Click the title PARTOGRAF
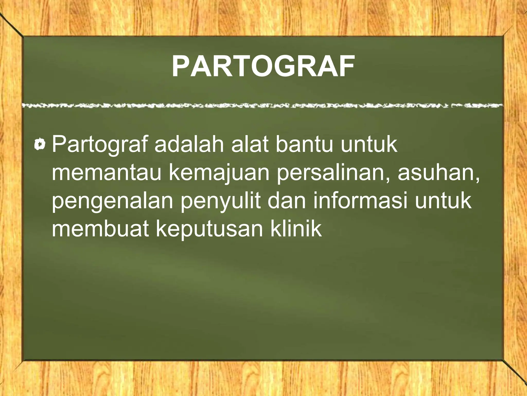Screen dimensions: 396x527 (263, 66)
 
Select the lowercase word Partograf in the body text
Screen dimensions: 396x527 (100, 145)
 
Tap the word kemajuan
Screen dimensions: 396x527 (219, 173)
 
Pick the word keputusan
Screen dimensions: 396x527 (209, 229)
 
